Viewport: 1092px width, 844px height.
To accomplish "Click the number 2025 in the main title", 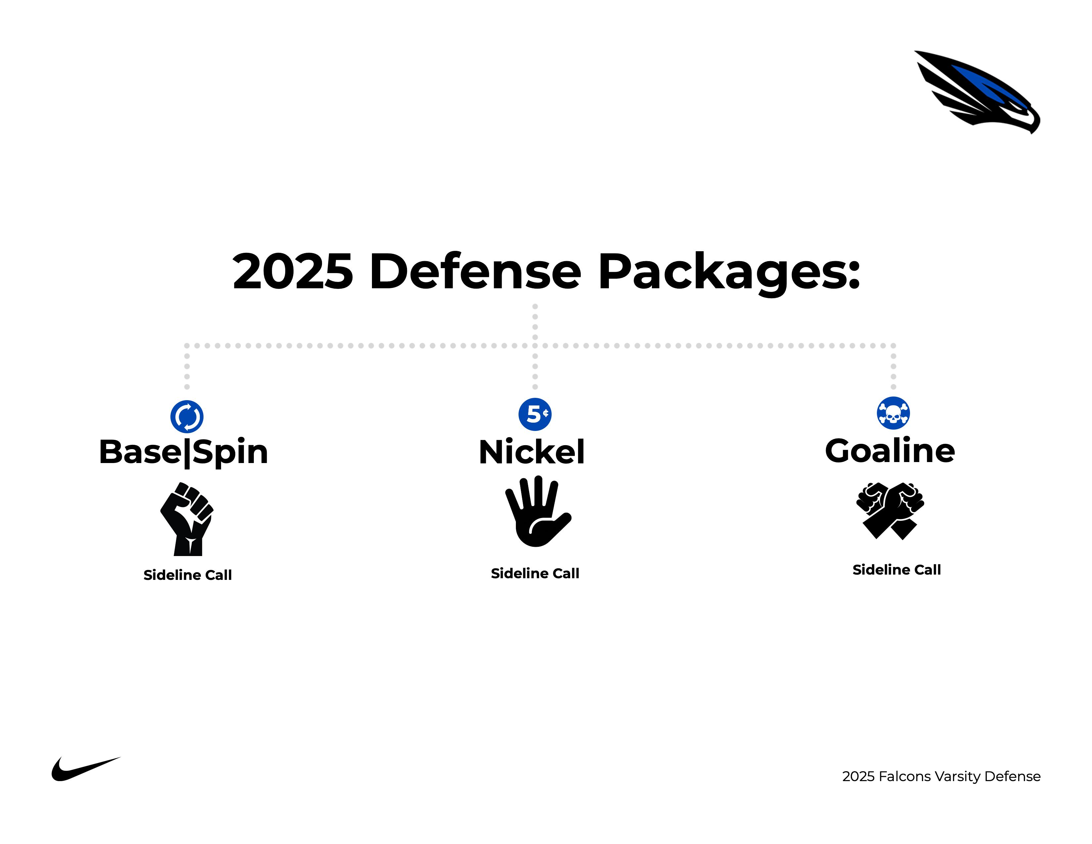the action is point(293,271).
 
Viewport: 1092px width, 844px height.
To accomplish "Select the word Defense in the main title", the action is point(475,271).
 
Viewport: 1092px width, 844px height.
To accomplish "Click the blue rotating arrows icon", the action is point(187,416).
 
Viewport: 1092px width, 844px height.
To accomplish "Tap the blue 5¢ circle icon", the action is point(535,414).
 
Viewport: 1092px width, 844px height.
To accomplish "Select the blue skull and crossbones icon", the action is point(893,413).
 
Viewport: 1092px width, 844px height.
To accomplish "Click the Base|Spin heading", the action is point(184,452).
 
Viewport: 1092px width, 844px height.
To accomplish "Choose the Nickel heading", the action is point(531,451).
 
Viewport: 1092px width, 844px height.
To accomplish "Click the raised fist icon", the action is point(187,519).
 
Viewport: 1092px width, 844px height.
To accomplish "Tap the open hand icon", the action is point(537,511).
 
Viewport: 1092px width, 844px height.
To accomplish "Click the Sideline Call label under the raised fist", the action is point(188,575).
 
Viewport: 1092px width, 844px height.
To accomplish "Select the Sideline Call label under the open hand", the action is point(535,574).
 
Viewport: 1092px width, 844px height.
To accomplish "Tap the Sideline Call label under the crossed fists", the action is point(896,570).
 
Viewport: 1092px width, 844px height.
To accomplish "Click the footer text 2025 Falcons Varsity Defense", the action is point(941,776).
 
